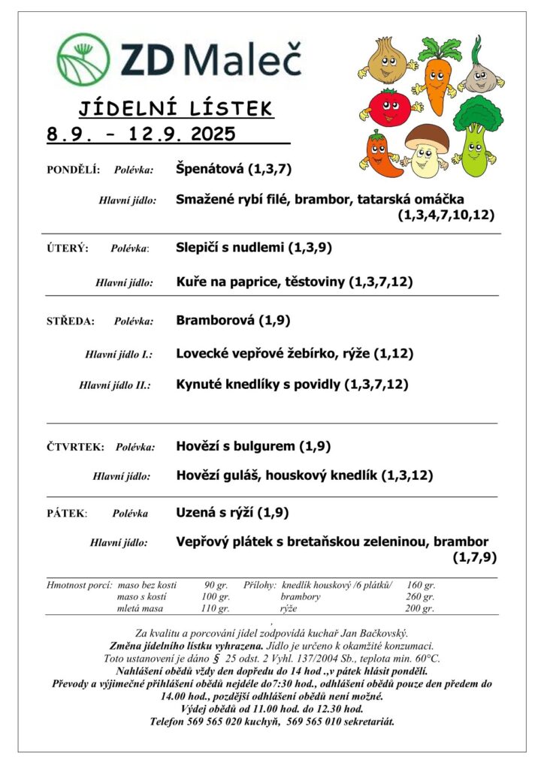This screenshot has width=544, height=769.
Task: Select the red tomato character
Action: (x=388, y=107)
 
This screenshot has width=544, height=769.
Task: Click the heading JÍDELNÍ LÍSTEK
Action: (x=175, y=110)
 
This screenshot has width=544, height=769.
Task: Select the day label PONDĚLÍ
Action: (x=73, y=170)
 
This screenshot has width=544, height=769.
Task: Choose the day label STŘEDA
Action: (x=71, y=321)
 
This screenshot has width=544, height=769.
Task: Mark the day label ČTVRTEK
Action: (x=75, y=447)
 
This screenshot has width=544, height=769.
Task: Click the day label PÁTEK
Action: (x=67, y=514)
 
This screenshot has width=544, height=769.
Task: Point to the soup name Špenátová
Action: (x=210, y=169)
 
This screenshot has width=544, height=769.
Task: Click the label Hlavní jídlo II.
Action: (x=115, y=385)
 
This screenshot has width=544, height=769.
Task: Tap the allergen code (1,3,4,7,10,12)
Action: (x=446, y=215)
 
